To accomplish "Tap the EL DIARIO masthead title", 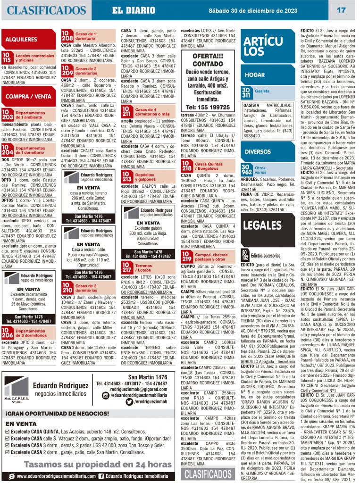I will (134, 10).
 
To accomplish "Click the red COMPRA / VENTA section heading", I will (29, 96).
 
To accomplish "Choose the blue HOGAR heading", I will (255, 75).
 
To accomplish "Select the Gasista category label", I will (262, 91).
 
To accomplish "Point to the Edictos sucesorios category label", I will (265, 255).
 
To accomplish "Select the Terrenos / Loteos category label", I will (143, 268).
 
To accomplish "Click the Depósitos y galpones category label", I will (144, 177).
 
